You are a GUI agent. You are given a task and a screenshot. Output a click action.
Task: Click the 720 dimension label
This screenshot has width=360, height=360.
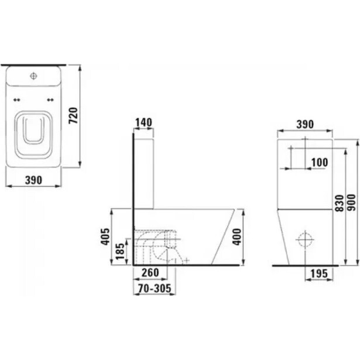[74, 115]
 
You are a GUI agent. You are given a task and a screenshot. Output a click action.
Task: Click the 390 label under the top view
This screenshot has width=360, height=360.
[33, 180]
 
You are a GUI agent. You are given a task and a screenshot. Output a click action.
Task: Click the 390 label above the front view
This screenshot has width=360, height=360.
[305, 125]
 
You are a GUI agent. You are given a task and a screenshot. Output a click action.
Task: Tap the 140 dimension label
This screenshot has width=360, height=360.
[143, 122]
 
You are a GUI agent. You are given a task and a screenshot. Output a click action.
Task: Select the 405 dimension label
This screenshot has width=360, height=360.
[105, 236]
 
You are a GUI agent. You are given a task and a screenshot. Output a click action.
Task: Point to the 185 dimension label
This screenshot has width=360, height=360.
[120, 251]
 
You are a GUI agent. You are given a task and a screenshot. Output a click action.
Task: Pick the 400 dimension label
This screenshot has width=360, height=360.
[237, 237]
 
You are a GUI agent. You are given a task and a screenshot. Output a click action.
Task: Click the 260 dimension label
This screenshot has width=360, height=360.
[150, 273]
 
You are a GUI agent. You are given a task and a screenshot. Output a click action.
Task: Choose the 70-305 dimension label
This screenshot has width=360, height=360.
[155, 289]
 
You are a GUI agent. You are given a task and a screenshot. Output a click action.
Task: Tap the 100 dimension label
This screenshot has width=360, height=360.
[320, 163]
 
